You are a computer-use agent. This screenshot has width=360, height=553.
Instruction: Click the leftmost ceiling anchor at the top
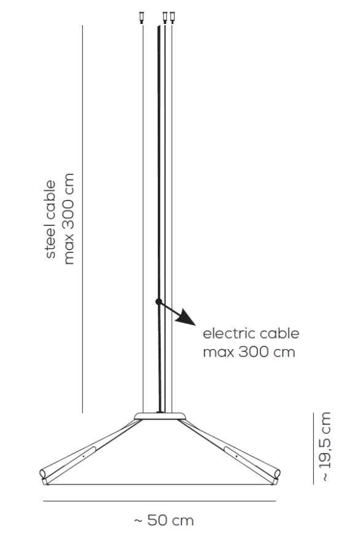coord(142,18)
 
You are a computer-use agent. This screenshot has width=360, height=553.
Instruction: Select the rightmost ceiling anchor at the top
coord(172,18)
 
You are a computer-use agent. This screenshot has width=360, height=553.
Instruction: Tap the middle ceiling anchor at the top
coord(165,18)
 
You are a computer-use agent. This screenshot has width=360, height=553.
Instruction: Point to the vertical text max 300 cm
coord(68,219)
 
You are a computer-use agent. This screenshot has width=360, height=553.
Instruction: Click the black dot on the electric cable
coord(158,302)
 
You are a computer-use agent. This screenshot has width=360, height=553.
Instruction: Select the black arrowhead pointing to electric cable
coord(186,317)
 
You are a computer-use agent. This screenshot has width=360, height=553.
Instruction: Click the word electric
coord(229,333)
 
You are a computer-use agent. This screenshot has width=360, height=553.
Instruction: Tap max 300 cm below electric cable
coord(249,352)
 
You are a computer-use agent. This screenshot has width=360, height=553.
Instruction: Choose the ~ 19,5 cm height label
coord(325,447)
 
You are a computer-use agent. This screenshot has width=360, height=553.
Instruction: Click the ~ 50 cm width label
coord(164,520)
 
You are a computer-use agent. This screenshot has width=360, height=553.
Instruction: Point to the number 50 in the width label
coord(157,520)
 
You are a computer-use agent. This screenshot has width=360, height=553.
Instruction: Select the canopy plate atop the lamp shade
coord(160,416)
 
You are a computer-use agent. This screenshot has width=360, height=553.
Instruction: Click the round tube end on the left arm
coord(43,473)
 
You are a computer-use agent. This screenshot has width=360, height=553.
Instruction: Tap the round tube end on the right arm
coord(277,473)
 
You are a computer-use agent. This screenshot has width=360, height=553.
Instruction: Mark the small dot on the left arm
coord(83,456)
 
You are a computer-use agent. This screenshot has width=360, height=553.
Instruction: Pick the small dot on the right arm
coord(237,456)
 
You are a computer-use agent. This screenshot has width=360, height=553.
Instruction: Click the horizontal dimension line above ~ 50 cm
coord(159,501)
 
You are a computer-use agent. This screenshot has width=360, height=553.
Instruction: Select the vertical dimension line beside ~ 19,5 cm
coord(313,449)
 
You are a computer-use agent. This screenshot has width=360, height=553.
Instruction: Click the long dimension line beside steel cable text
coord(82,219)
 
